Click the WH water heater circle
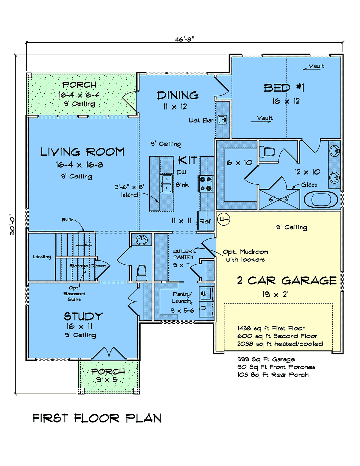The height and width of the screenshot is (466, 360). tap(223, 219)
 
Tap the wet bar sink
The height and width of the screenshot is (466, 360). tap(222, 120)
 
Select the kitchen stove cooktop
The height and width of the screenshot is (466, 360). tap(205, 184)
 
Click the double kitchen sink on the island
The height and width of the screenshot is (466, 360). tap(166, 184)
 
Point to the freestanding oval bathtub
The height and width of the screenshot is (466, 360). tap(321, 200)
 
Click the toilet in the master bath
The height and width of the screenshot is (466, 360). tap(267, 152)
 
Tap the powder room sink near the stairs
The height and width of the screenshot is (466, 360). tap(141, 240)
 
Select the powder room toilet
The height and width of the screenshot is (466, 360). tap(142, 272)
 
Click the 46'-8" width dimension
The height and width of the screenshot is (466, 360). tap(184, 40)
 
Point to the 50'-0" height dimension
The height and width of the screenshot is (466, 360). tap(12, 224)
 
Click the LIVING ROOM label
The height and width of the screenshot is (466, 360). tap(82, 152)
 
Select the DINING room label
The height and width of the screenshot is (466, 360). tap(178, 95)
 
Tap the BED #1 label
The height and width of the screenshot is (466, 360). tap(284, 88)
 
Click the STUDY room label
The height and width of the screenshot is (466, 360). tap(83, 316)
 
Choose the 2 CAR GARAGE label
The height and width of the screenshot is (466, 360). tap(287, 281)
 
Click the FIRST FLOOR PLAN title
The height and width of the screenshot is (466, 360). tap(97, 418)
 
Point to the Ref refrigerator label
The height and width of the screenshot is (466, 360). tap(205, 221)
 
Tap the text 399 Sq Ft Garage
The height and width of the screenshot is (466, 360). tap(266, 359)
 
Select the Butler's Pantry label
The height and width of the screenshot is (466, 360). tap(184, 254)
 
